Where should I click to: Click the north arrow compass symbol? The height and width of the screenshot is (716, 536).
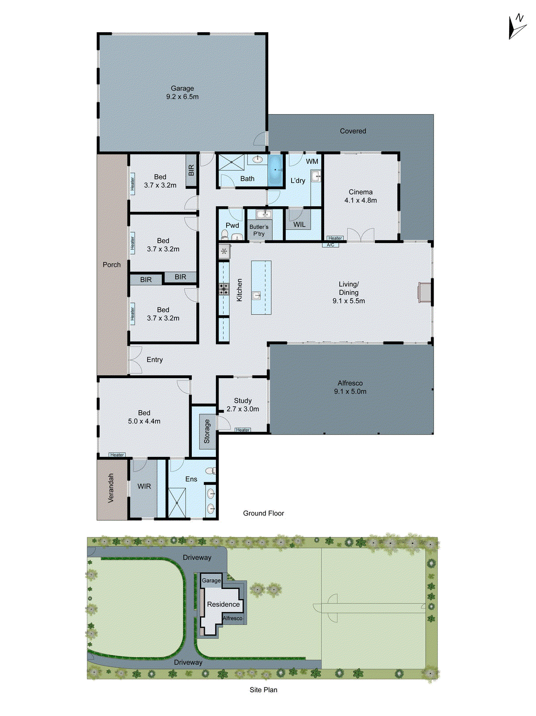click(517, 27)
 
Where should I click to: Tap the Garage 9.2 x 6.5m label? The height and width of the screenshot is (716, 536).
click(182, 93)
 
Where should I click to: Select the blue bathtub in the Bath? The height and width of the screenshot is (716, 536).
click(276, 170)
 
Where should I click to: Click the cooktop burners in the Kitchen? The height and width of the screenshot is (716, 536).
click(224, 289)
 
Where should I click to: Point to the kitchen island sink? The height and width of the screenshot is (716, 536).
click(257, 295)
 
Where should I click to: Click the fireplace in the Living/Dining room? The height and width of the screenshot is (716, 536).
click(425, 293)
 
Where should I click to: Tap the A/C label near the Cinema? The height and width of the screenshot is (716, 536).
click(330, 245)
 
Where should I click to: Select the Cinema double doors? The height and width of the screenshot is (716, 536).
click(360, 235)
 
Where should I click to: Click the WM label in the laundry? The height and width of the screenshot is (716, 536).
click(312, 162)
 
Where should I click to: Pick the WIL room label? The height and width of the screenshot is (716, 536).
click(299, 225)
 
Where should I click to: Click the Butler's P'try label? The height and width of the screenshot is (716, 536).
click(259, 230)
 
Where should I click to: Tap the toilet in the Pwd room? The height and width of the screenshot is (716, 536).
click(224, 234)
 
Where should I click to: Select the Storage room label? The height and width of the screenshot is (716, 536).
click(207, 431)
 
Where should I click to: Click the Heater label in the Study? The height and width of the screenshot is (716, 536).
click(243, 430)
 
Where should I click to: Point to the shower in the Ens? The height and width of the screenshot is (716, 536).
click(177, 503)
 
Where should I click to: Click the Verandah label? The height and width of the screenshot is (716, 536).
click(111, 488)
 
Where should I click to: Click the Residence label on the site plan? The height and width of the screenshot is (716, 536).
click(223, 604)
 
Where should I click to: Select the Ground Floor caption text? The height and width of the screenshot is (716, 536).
click(263, 513)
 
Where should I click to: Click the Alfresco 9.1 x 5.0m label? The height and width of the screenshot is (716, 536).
click(350, 387)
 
